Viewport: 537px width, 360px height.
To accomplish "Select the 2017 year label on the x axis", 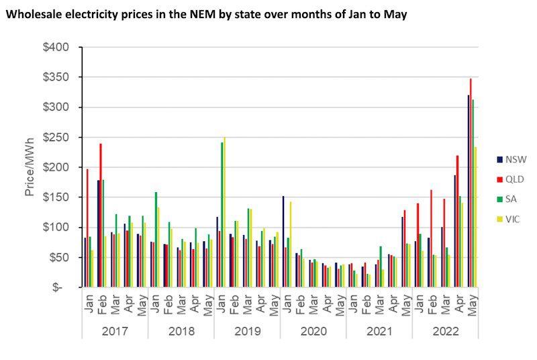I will [x=114, y=331].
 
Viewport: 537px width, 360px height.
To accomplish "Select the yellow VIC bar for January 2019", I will [x=224, y=212].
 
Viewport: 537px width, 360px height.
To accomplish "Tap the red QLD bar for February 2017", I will [x=101, y=215].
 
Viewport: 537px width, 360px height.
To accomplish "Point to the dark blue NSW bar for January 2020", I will [x=283, y=241].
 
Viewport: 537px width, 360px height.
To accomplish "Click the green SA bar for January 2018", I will [x=156, y=239].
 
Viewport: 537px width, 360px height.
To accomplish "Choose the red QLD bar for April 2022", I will [x=457, y=221].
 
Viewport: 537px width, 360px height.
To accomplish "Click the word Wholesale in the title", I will [x=32, y=13].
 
